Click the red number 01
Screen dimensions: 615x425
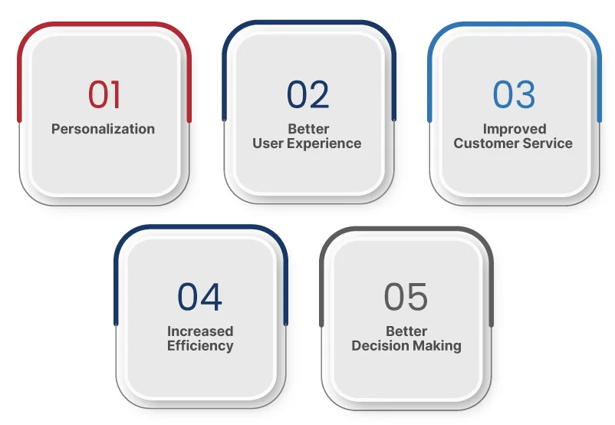point(104,94)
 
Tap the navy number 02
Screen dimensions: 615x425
point(308,94)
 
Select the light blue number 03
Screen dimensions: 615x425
point(514,94)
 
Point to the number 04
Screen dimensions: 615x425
point(199,297)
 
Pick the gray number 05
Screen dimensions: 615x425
point(406,297)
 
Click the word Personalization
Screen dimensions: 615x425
point(104,129)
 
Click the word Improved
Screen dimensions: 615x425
point(515,129)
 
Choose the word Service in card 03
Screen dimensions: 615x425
point(548,143)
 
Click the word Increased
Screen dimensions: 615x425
point(200,331)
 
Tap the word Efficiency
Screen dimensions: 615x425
point(200,346)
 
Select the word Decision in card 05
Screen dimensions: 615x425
point(380,346)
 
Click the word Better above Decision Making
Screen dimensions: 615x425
point(406,331)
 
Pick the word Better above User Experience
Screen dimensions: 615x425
point(308,129)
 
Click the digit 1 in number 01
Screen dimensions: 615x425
point(115,94)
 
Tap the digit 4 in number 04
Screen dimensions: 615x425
point(212,297)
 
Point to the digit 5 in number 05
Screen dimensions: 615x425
point(417,297)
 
